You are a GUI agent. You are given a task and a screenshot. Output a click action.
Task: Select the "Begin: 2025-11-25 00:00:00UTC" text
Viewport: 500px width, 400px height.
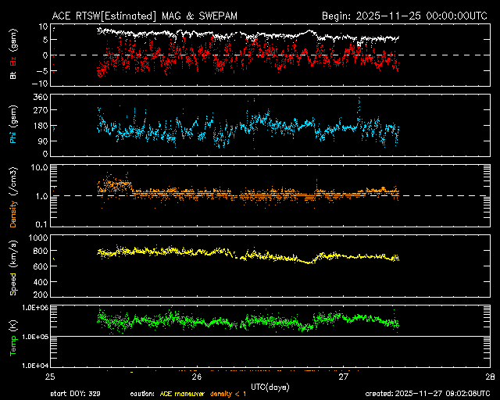tap(405, 15)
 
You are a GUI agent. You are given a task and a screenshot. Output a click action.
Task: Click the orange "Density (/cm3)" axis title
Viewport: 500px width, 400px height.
tap(13, 196)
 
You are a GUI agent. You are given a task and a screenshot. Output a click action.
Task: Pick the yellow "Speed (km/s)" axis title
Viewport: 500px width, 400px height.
tap(13, 267)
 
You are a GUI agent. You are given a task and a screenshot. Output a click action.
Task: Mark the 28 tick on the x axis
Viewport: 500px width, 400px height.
tap(490, 376)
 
